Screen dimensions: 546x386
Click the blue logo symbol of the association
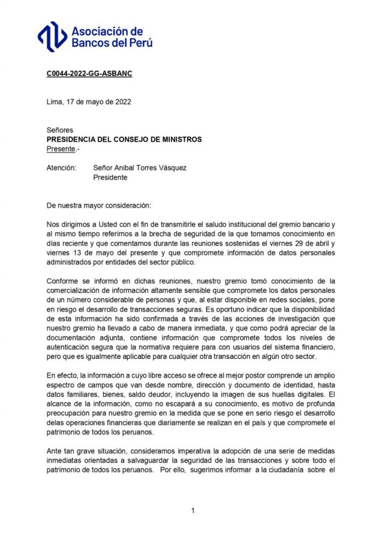52,36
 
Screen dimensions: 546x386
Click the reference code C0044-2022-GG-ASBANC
89,74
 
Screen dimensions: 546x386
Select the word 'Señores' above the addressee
60,130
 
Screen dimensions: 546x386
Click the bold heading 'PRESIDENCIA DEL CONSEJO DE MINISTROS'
124,139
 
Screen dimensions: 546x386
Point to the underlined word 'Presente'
61,149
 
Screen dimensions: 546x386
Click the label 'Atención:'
62,168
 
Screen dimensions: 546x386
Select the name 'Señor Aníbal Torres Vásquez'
140,168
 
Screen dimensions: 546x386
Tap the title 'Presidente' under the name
110,178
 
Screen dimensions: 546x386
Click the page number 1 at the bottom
193,510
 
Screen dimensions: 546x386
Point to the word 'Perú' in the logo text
139,43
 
